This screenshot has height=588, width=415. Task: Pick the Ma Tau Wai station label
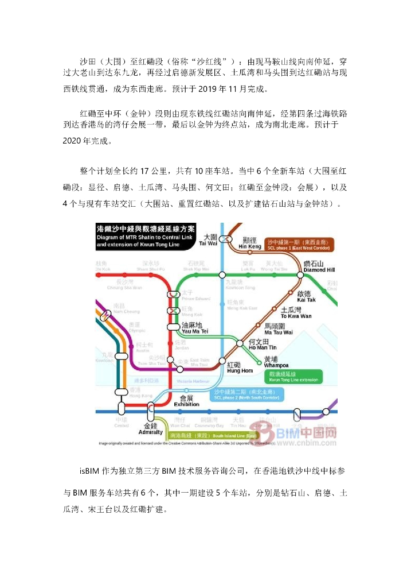coord(278,329)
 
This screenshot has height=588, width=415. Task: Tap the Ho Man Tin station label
coord(262,345)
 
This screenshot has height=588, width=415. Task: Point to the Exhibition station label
coord(186,401)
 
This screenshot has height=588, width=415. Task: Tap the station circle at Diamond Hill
coord(300,276)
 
